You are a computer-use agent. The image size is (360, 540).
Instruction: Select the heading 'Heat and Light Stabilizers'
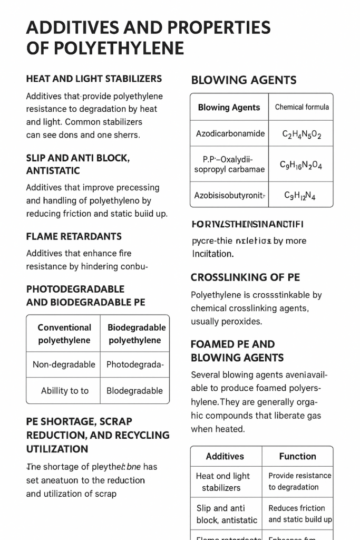[x=94, y=79]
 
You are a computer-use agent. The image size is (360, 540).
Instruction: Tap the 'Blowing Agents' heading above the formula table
[x=244, y=80]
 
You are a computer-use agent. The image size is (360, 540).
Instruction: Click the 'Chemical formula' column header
[x=301, y=107]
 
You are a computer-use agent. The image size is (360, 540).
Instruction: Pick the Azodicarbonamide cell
[x=230, y=133]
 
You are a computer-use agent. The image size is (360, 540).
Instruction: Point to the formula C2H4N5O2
[x=301, y=134]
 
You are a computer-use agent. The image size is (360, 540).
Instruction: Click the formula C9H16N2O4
[x=301, y=165]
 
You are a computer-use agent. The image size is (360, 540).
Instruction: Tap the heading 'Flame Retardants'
[x=74, y=237]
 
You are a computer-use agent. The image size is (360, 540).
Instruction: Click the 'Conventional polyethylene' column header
[x=64, y=334]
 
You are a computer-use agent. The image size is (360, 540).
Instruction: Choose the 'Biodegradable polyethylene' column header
[x=136, y=334]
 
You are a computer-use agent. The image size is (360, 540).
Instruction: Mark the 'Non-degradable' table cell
[x=64, y=364]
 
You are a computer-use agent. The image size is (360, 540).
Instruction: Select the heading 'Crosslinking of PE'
[x=245, y=277]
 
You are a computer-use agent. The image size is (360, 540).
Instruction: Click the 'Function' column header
[x=297, y=456]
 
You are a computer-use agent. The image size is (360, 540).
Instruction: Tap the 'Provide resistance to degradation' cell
[x=299, y=481]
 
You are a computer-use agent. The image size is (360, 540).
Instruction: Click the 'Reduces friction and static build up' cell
[x=300, y=514]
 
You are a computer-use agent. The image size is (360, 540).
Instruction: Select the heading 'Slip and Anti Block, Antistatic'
[x=78, y=164]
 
